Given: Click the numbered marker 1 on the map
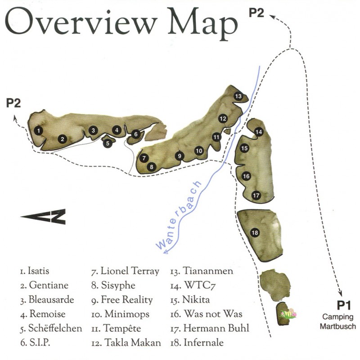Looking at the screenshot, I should point(40,130).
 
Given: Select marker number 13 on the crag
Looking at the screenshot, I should point(238,96).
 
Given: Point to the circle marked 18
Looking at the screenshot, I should point(255,233).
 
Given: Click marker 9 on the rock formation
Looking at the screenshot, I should point(179,156).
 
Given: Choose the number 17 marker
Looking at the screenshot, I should point(256,195).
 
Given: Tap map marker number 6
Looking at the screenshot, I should point(135,134).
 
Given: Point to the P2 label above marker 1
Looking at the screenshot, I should point(13,103).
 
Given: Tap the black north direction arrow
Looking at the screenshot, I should point(44,216).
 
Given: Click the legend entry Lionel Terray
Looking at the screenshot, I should point(126,271).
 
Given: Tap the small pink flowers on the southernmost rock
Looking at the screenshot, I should point(288,314).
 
